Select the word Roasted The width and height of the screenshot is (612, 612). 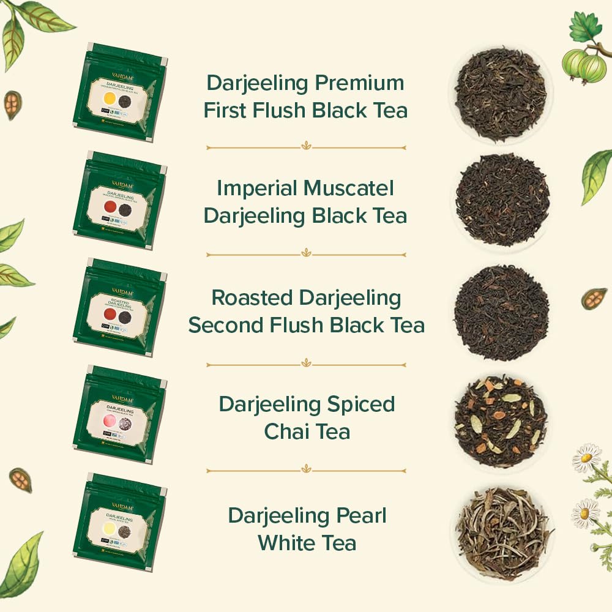click(x=252, y=298)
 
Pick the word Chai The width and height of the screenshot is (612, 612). click(x=286, y=431)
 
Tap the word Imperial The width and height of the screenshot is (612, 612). click(x=253, y=188)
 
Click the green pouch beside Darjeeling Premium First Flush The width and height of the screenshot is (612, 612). click(x=119, y=91)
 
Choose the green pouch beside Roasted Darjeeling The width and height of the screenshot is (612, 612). click(x=119, y=308)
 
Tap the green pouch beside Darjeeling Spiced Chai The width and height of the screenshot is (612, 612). click(x=119, y=414)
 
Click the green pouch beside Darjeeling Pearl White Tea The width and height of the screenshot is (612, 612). click(x=119, y=522)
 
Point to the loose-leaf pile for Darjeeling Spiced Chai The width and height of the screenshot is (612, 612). click(x=501, y=422)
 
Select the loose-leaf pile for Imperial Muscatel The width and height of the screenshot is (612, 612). click(x=502, y=200)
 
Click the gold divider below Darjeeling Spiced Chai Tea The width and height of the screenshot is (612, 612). click(x=306, y=471)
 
